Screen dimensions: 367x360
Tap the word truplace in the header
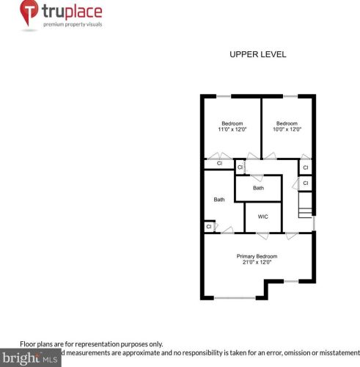[73, 12]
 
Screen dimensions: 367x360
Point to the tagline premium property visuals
[73, 25]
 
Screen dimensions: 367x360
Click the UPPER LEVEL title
[257, 54]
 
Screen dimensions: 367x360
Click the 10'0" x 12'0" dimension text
[287, 129]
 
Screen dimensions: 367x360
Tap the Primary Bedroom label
[257, 255]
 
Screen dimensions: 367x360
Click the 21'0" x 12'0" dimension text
[257, 262]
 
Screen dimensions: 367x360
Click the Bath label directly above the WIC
[258, 188]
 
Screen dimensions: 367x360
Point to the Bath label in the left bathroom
[219, 199]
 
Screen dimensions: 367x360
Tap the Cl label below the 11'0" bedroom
[218, 163]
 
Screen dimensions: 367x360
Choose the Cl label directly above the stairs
[306, 183]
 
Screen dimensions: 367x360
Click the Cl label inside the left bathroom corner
[209, 227]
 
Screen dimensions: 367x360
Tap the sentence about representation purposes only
[91, 344]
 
